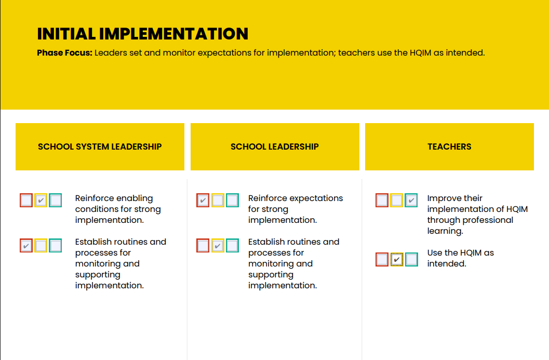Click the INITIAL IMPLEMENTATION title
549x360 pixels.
(142, 34)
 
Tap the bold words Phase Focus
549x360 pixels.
(64, 53)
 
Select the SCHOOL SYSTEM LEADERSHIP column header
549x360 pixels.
(100, 146)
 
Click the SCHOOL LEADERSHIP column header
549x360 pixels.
(274, 146)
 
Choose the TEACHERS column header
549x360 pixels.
(449, 146)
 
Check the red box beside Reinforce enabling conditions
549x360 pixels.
(26, 201)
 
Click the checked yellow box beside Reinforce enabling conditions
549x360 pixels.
(41, 201)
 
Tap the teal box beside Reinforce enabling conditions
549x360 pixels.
(56, 201)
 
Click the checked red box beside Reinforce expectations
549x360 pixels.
(203, 201)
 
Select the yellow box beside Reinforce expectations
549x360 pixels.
(218, 201)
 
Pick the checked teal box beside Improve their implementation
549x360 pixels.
(411, 201)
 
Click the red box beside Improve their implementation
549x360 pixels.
(382, 201)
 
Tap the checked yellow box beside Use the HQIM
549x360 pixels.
(397, 260)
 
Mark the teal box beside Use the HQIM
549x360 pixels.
(411, 260)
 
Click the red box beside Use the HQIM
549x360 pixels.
(382, 260)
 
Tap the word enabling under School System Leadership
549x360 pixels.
(135, 198)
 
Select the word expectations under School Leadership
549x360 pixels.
(318, 198)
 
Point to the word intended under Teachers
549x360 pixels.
(447, 264)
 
